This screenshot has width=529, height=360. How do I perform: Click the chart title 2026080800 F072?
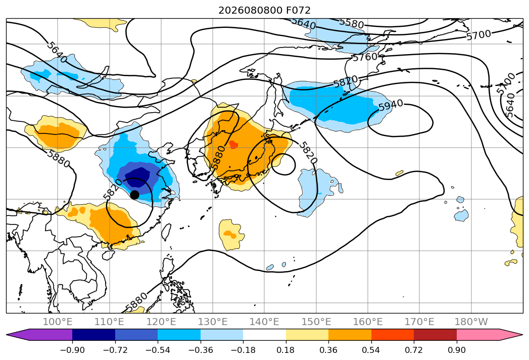pyautogui.click(x=265, y=11)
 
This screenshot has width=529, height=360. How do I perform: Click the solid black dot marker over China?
pyautogui.click(x=134, y=195)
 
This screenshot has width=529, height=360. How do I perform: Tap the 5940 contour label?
pyautogui.click(x=391, y=105)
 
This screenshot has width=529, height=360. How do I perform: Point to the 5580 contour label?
pyautogui.click(x=351, y=23)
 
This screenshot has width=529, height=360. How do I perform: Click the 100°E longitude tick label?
pyautogui.click(x=58, y=322)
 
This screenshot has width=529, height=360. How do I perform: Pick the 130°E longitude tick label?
pyautogui.click(x=213, y=322)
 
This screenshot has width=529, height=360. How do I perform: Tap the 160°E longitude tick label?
pyautogui.click(x=368, y=322)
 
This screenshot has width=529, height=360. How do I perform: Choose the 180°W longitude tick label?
pyautogui.click(x=471, y=322)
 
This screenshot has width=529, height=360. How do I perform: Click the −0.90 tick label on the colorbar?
pyautogui.click(x=72, y=350)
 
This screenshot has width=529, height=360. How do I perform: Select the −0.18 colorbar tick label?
pyautogui.click(x=243, y=350)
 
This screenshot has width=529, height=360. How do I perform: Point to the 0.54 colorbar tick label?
pyautogui.click(x=371, y=350)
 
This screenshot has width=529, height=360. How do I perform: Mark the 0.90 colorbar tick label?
pyautogui.click(x=456, y=350)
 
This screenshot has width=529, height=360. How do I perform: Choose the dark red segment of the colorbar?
pyautogui.click(x=435, y=335)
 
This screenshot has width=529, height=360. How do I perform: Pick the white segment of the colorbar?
pyautogui.click(x=265, y=335)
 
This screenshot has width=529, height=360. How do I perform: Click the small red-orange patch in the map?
pyautogui.click(x=233, y=145)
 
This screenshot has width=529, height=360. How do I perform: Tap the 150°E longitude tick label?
pyautogui.click(x=316, y=322)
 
